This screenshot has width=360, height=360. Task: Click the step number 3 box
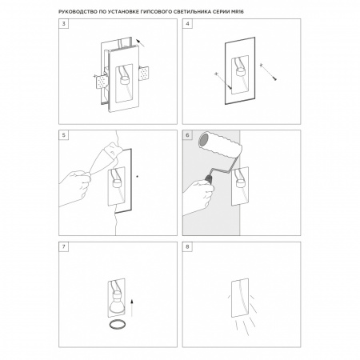tap(64, 24)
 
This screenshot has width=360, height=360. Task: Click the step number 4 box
tap(187, 24)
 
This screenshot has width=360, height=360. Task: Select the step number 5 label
tap(64, 135)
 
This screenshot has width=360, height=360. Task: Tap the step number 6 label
tap(187, 135)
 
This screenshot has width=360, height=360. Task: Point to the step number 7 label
tap(64, 246)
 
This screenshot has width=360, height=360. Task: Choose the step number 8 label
tap(187, 246)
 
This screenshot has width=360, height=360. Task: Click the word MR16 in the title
tap(238, 12)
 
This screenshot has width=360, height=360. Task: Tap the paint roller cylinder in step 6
tap(220, 146)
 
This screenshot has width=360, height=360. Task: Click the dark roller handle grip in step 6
tap(208, 178)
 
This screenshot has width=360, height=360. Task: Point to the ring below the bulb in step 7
tap(117, 325)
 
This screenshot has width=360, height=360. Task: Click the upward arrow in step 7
tap(132, 308)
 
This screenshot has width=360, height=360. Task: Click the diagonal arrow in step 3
tap(140, 43)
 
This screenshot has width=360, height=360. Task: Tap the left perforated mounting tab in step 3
tap(102, 82)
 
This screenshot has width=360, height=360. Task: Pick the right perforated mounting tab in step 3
tap(144, 74)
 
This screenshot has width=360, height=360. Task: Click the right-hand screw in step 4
tap(268, 72)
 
